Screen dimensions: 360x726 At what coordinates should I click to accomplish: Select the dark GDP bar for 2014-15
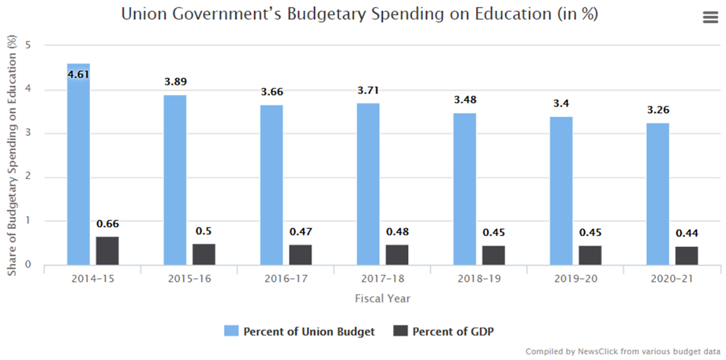click(x=108, y=251)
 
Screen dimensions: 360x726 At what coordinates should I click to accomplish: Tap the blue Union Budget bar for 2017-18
click(x=368, y=184)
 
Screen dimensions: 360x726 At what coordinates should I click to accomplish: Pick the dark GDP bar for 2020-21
click(x=686, y=256)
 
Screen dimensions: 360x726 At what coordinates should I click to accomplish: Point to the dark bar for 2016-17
click(x=301, y=255)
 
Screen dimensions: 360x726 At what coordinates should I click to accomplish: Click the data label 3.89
click(x=175, y=82)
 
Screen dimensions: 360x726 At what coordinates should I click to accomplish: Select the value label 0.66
click(x=108, y=224)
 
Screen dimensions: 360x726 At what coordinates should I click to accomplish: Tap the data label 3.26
click(x=658, y=110)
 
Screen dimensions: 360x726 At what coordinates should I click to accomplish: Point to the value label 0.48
click(x=397, y=231)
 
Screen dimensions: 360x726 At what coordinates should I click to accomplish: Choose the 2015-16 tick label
click(x=189, y=278)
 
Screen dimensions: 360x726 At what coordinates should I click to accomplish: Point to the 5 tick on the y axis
click(x=28, y=45)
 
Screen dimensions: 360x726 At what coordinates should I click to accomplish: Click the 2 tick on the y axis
click(x=28, y=177)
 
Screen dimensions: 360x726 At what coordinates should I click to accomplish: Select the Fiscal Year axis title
click(x=382, y=299)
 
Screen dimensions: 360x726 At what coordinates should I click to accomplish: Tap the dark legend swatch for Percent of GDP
click(x=401, y=331)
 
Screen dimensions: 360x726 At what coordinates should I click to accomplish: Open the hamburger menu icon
click(x=711, y=17)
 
